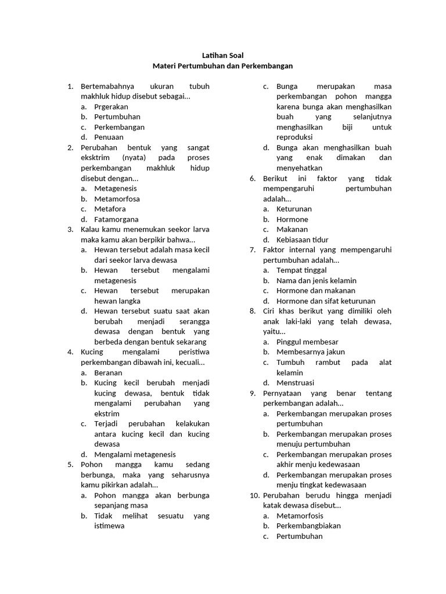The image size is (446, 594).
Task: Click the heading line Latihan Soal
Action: (222, 56)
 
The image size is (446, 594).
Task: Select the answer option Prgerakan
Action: (111, 107)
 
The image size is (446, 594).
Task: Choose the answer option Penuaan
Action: (109, 137)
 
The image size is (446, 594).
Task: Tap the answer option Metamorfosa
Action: (117, 199)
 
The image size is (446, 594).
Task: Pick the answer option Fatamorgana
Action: (116, 219)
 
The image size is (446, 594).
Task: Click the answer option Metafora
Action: (110, 209)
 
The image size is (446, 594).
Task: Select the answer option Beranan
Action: (108, 373)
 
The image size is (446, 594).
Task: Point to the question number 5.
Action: (70, 465)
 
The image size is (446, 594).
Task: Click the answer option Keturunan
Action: (294, 209)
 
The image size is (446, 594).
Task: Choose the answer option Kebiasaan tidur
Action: (302, 240)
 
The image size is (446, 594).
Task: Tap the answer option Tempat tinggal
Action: (301, 270)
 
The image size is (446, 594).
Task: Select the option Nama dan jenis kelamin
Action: (316, 281)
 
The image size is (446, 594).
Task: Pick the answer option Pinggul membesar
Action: (307, 342)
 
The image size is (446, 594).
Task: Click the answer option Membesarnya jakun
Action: (310, 352)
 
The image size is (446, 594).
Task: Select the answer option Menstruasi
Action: (295, 383)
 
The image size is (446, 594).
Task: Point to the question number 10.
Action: (254, 495)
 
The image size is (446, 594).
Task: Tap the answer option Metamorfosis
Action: (300, 516)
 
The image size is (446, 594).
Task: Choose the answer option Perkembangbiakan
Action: (308, 526)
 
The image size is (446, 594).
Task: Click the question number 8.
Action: (253, 312)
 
